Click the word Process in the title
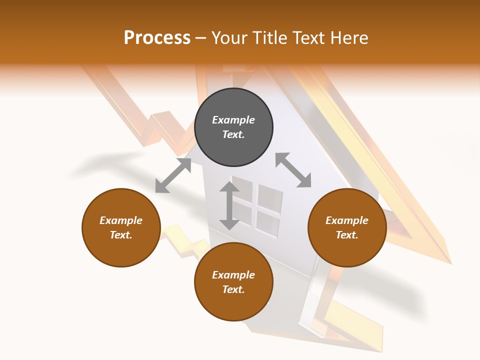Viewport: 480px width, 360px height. coord(157,38)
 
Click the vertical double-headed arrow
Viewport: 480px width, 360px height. coord(229,205)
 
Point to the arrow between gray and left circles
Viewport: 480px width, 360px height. coord(173,175)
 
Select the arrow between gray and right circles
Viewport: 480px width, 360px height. coord(293,170)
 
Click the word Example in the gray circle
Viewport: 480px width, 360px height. coord(233,120)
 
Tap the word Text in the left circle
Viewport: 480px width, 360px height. coord(121,235)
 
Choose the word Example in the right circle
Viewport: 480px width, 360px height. coord(347,220)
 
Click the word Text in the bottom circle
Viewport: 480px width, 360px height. coord(233,289)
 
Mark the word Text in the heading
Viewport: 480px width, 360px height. coord(307,38)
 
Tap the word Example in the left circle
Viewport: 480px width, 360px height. coord(121,220)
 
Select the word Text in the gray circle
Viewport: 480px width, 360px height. coord(233,134)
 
